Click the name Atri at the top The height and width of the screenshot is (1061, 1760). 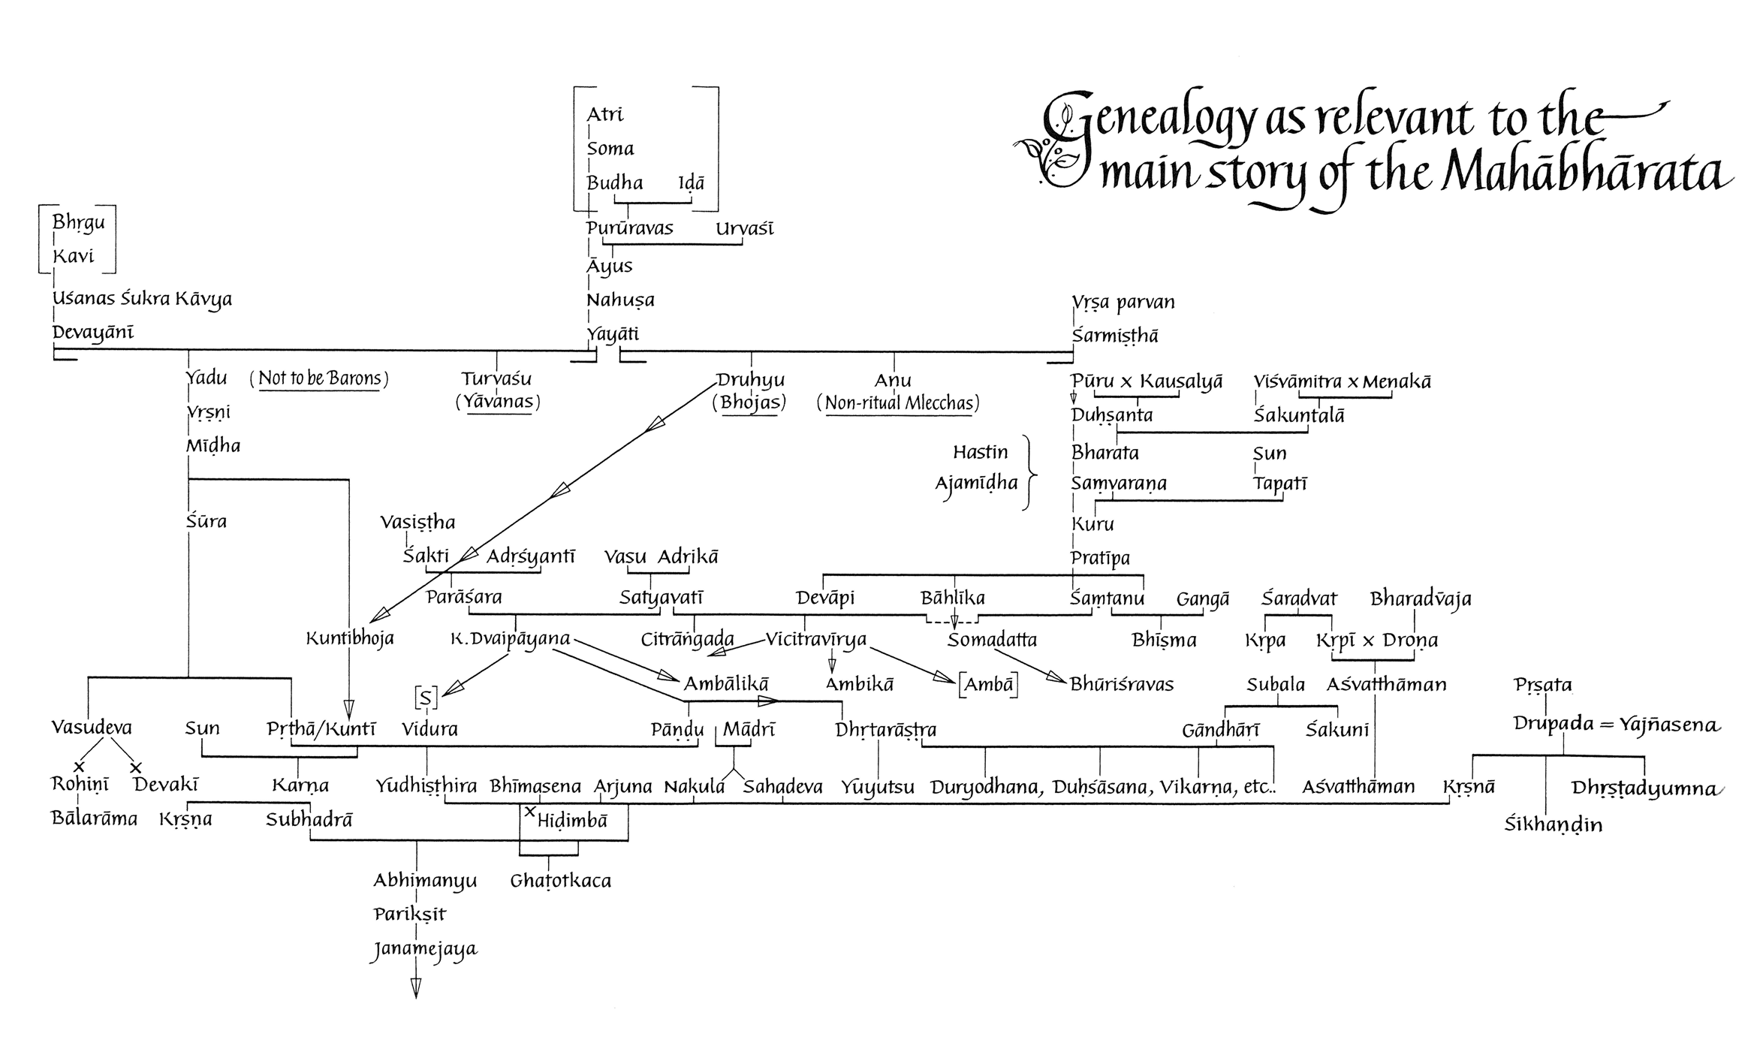pyautogui.click(x=604, y=113)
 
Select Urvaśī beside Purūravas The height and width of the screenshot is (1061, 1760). pyautogui.click(x=744, y=228)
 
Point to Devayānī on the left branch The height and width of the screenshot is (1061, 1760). pyautogui.click(x=93, y=333)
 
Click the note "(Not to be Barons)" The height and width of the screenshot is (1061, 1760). pyautogui.click(x=319, y=378)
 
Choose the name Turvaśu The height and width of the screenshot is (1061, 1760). pyautogui.click(x=496, y=378)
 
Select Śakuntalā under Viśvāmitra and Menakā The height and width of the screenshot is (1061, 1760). pyautogui.click(x=1299, y=415)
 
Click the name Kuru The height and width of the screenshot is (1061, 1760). pyautogui.click(x=1092, y=524)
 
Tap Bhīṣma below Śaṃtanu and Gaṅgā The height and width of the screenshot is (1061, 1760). pyautogui.click(x=1164, y=641)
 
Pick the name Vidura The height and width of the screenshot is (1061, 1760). pyautogui.click(x=429, y=728)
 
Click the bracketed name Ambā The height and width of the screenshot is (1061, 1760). pyautogui.click(x=988, y=684)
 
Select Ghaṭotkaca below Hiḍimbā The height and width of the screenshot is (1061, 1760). pyautogui.click(x=560, y=881)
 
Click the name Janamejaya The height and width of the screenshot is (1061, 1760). pyautogui.click(x=425, y=950)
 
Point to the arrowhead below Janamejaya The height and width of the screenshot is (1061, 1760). pyautogui.click(x=415, y=989)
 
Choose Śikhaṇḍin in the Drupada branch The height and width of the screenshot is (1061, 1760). pyautogui.click(x=1553, y=824)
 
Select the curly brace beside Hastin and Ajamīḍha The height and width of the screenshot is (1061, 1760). pyautogui.click(x=1030, y=472)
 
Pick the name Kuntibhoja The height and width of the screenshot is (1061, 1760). pyautogui.click(x=350, y=639)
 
